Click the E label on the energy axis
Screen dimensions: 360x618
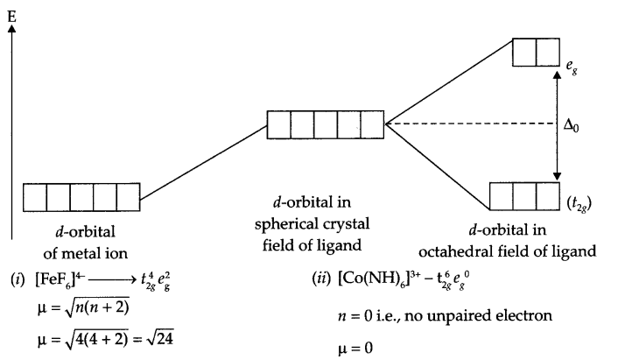point(11,11)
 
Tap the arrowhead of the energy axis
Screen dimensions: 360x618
point(11,29)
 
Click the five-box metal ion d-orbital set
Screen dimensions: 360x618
point(81,197)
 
